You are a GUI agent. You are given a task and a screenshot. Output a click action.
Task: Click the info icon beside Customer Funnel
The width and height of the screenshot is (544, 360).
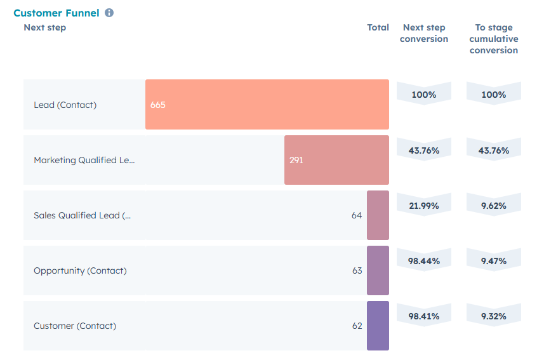(109, 13)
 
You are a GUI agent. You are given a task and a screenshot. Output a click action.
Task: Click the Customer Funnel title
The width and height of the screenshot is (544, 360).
(56, 13)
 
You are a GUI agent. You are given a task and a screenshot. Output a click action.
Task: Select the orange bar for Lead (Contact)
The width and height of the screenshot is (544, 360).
(267, 105)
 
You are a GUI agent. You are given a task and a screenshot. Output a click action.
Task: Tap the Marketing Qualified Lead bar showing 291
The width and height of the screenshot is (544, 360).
(336, 160)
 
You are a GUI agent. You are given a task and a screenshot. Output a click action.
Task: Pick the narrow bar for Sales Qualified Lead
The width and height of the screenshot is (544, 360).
(378, 215)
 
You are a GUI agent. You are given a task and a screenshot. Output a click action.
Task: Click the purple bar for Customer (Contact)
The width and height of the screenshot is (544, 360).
(378, 326)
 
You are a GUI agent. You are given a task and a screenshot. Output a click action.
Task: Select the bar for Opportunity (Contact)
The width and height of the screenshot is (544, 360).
(378, 270)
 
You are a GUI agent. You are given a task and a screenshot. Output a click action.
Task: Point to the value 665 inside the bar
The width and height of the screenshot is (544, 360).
(158, 105)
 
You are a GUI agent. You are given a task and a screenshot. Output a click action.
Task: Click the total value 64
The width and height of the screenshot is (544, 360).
(357, 215)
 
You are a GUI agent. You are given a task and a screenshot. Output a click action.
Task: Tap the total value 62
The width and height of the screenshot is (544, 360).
(357, 326)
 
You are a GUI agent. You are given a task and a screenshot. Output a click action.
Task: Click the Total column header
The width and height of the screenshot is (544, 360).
(378, 27)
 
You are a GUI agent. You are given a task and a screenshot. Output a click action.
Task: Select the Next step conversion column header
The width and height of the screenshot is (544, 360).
(424, 33)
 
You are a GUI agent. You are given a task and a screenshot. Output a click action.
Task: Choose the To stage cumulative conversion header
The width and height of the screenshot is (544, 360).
(494, 39)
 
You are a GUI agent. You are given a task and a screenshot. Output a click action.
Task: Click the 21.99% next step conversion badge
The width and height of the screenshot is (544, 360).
(424, 205)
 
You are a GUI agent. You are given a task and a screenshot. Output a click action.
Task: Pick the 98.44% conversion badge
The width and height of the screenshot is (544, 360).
(424, 260)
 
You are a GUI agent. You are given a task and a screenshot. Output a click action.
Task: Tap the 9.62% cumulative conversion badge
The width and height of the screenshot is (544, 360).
(494, 205)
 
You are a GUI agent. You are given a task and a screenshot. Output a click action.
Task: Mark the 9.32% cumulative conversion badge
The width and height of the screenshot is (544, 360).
(494, 316)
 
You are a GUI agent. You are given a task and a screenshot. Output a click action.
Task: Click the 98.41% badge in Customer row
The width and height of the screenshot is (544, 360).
(424, 316)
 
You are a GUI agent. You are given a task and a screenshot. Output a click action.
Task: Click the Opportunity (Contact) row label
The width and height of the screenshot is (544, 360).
(80, 270)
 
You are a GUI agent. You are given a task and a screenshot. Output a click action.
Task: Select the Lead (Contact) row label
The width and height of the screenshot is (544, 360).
(65, 105)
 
